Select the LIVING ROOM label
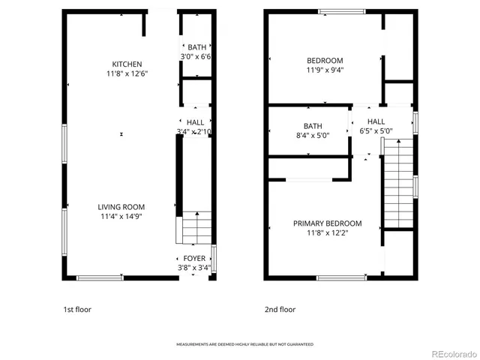tap(121, 207)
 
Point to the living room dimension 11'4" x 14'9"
tap(121, 217)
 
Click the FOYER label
tap(194, 259)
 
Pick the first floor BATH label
tap(196, 47)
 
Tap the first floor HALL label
tap(195, 122)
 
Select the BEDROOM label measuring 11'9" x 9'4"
tap(325, 61)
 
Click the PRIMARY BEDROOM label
tap(327, 223)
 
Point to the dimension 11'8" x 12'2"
tap(327, 233)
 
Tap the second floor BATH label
tap(312, 126)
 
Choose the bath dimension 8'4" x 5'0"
tap(312, 136)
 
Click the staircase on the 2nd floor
tap(398, 187)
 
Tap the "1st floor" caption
tap(79, 309)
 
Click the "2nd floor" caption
tap(280, 309)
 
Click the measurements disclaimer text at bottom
tap(244, 344)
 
